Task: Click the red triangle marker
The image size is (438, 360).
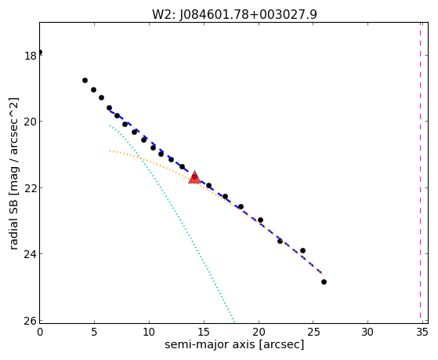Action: [194, 177]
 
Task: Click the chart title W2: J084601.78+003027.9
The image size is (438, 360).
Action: [234, 14]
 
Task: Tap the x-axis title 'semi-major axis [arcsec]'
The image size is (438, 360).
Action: [234, 344]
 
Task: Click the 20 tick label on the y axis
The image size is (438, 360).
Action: [31, 122]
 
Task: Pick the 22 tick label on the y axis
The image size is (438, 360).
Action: [31, 187]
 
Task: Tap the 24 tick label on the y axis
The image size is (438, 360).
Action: [31, 253]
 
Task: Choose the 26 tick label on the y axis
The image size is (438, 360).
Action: [31, 320]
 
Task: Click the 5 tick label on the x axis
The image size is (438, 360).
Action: [94, 332]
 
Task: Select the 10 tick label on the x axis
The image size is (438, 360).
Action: [149, 332]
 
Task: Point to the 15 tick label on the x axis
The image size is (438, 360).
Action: [204, 332]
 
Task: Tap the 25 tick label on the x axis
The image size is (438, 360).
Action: [313, 332]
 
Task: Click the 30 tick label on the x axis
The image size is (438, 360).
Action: [367, 332]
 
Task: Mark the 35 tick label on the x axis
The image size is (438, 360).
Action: [422, 332]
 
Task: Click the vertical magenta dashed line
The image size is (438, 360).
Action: [420, 173]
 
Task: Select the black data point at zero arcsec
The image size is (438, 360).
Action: [40, 53]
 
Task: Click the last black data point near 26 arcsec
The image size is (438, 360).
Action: [324, 282]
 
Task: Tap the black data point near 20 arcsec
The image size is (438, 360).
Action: [260, 220]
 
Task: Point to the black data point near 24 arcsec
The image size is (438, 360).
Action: [302, 251]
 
